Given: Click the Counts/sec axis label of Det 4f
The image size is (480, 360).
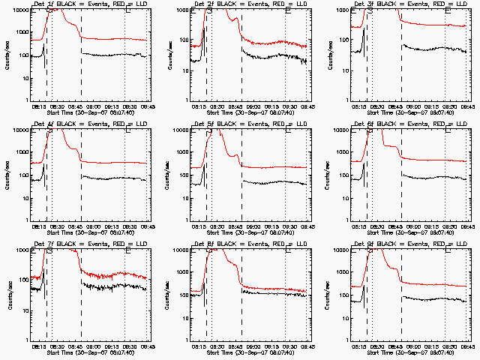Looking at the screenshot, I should click(7, 174).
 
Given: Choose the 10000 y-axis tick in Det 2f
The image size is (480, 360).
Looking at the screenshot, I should click(180, 10).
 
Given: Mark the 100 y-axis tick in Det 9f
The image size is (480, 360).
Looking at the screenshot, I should click(345, 295).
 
